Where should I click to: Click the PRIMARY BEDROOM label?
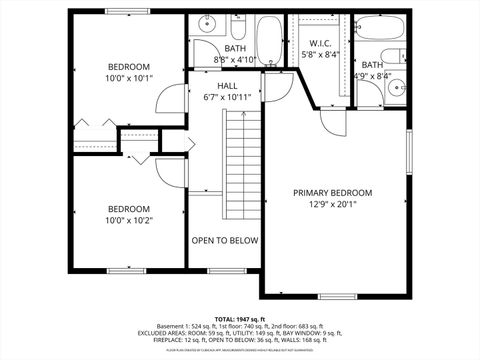click(x=332, y=193)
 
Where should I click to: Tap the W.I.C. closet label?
click(x=320, y=43)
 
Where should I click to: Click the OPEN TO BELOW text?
click(x=225, y=241)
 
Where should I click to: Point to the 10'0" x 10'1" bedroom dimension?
click(x=129, y=78)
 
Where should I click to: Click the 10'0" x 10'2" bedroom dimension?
click(x=129, y=222)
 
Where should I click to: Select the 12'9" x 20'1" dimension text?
click(x=332, y=206)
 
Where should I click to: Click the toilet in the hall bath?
click(x=240, y=27)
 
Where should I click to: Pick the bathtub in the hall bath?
click(x=269, y=40)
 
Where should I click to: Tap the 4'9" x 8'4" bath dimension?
click(x=372, y=76)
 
